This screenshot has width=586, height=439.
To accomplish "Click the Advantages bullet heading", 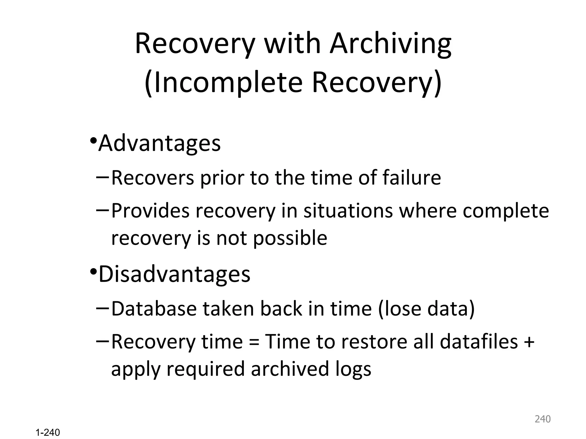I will point(159,143).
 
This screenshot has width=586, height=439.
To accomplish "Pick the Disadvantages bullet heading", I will point(174,274).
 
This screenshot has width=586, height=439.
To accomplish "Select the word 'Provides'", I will point(151,211).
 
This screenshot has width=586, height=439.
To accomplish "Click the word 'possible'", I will point(290,238).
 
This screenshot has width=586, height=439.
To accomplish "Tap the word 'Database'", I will point(154,309).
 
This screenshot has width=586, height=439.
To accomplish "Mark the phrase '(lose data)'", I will point(426,309).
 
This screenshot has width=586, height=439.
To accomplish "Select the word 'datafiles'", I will point(479,342).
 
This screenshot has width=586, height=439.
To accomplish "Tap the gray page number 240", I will point(543,419).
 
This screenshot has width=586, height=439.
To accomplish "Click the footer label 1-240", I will point(48,432).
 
